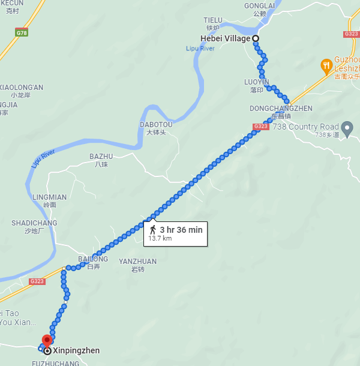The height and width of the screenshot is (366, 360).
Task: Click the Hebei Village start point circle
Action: (x=256, y=38)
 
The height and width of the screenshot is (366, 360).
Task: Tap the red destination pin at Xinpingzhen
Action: (x=47, y=340)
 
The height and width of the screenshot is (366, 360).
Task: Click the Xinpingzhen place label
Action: (x=76, y=350)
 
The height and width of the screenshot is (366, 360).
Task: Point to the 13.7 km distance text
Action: (x=160, y=238)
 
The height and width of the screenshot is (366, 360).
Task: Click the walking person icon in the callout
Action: (x=153, y=229)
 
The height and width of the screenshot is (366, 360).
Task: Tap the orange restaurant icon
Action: (x=326, y=65)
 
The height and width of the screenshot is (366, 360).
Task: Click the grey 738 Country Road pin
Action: (x=347, y=127)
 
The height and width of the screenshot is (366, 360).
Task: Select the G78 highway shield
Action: (x=23, y=34)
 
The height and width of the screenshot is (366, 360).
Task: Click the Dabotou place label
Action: (x=156, y=125)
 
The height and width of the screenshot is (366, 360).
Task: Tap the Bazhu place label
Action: (x=101, y=157)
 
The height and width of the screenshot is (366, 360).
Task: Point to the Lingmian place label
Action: (x=50, y=197)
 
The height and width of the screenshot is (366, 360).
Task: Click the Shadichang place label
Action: (x=34, y=223)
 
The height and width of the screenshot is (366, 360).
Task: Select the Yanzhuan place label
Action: (x=137, y=262)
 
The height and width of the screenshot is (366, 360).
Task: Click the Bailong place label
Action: (x=93, y=259)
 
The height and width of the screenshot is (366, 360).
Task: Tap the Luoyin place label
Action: (x=257, y=82)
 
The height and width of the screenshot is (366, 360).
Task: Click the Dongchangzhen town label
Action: (x=281, y=109)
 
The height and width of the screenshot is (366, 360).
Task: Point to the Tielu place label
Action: (x=213, y=20)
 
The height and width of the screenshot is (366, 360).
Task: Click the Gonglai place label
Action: (x=259, y=5)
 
